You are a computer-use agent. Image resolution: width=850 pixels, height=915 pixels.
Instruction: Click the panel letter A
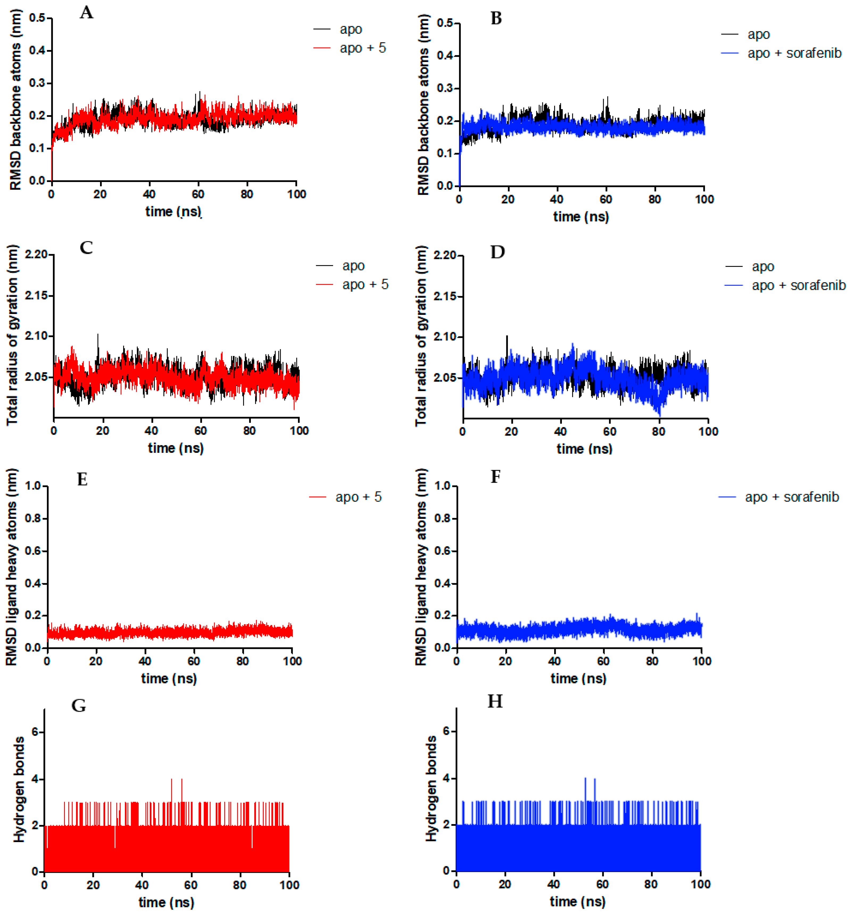86,13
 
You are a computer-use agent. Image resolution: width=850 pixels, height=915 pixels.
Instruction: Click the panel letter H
495,701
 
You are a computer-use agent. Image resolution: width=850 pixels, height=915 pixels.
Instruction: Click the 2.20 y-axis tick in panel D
444,255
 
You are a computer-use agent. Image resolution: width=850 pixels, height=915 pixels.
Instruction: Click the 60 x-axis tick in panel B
606,199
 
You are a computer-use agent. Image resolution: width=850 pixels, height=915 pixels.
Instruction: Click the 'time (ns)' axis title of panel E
169,678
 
